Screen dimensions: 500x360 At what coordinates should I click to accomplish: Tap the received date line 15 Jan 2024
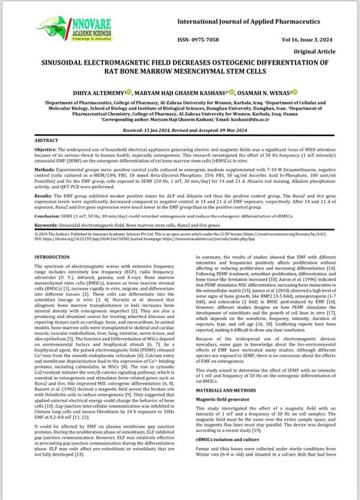point(180,130)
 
